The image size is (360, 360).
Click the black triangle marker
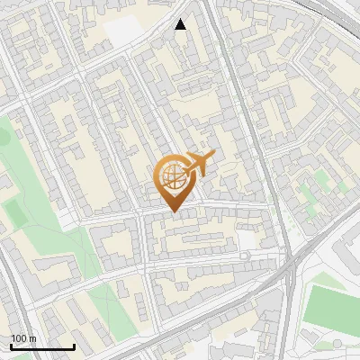coord(181,24)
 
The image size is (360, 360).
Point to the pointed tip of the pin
coord(174,211)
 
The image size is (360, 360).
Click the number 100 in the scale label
coord(19,338)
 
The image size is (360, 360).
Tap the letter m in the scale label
coord(33,338)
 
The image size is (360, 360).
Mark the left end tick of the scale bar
coord(11,345)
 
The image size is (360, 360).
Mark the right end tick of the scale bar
coord(74,345)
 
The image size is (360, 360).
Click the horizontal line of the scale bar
coord(42,346)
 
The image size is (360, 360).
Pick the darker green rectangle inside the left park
coord(13,212)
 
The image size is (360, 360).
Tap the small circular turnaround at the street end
coord(244,256)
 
